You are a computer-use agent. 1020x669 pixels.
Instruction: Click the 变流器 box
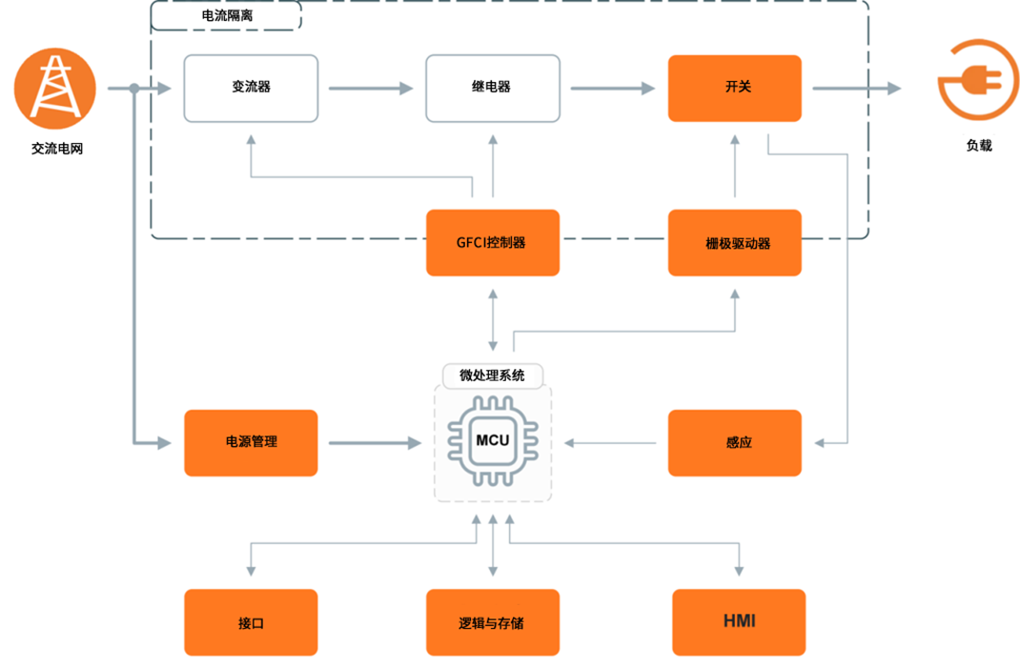tap(251, 88)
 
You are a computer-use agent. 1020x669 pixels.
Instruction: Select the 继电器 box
tap(492, 88)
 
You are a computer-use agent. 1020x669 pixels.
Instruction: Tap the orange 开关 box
tap(734, 88)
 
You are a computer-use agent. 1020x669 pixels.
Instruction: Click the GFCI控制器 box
tap(492, 243)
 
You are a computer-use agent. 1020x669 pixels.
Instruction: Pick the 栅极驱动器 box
tap(734, 243)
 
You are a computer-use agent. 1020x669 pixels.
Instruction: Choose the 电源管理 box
tap(251, 442)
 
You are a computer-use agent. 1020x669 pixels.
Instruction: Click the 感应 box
tap(734, 442)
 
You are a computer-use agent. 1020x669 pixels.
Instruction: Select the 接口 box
tap(251, 622)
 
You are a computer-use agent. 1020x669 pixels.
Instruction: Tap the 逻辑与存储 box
tap(492, 622)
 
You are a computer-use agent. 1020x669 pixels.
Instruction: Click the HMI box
tap(739, 622)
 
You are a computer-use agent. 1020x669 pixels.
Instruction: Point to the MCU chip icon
tap(492, 441)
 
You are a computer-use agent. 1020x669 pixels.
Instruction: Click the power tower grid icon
tap(54, 88)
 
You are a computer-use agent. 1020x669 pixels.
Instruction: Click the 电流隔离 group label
tap(227, 15)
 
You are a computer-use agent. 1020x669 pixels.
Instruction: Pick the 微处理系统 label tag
tap(492, 375)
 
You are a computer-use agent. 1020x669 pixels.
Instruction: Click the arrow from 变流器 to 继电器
tap(371, 89)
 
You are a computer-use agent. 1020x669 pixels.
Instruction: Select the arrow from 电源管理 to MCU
tap(374, 443)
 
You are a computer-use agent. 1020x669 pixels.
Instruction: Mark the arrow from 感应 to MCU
tap(611, 443)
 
